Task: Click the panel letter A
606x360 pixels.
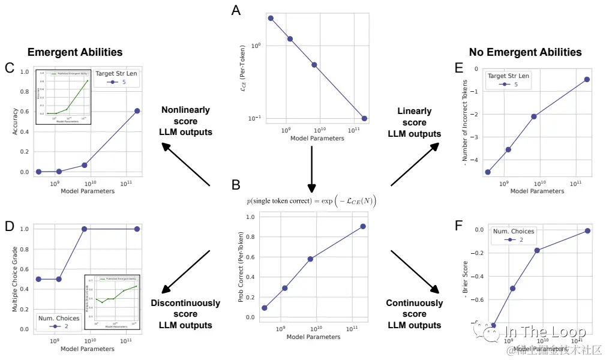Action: [x=236, y=11]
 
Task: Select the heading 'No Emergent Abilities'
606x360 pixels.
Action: [x=525, y=52]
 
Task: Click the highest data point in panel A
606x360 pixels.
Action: [x=271, y=19]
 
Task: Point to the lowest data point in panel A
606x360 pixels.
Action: [x=364, y=118]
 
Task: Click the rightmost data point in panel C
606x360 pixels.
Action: [x=137, y=111]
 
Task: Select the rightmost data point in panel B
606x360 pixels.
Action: [x=363, y=226]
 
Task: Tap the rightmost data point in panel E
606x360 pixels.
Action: [x=587, y=79]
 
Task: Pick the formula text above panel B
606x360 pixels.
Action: [x=311, y=200]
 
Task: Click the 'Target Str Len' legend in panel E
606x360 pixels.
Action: [x=508, y=80]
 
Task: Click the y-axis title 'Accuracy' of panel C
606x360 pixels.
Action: [x=15, y=121]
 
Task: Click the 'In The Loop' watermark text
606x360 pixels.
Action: [x=540, y=332]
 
